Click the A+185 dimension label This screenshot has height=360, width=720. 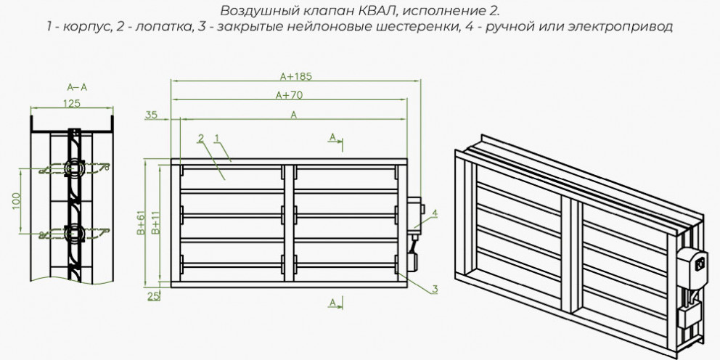pos(296,76)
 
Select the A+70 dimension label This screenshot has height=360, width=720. pos(290,95)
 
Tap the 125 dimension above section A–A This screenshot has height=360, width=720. pos(72,103)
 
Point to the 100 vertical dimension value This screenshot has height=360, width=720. pos(16,200)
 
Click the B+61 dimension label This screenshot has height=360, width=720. pos(141,222)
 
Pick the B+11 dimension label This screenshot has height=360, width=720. pos(155,223)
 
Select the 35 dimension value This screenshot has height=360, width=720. pos(151,115)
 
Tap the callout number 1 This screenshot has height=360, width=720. pos(217,137)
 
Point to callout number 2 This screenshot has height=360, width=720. pos(200,137)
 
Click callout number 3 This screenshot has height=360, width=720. pos(434,289)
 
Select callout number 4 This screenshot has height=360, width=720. pos(434,213)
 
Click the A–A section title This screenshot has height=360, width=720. pos(77,87)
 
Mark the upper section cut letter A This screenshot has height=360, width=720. pos(332,137)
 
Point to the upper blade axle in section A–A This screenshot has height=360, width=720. pos(74,168)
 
